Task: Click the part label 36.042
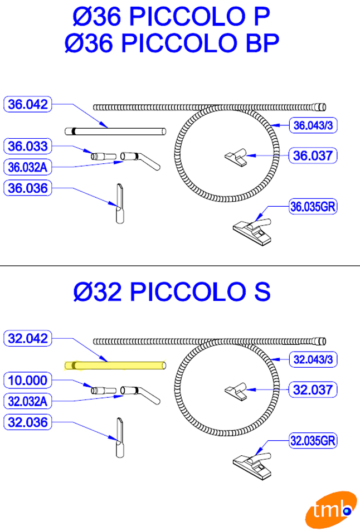28,104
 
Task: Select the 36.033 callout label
28,146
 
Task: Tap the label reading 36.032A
28,167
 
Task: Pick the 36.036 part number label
28,188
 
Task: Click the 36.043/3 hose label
313,125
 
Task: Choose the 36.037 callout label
313,156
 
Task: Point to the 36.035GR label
313,206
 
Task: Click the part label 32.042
28,338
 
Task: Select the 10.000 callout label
28,381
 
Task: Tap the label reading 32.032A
28,401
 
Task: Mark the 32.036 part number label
28,422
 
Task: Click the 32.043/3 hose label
313,359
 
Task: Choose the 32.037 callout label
313,390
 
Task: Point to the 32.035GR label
313,441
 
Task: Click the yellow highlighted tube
115,366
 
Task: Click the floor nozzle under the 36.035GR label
252,231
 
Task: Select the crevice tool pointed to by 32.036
120,438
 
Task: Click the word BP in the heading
262,43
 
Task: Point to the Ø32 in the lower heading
97,292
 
